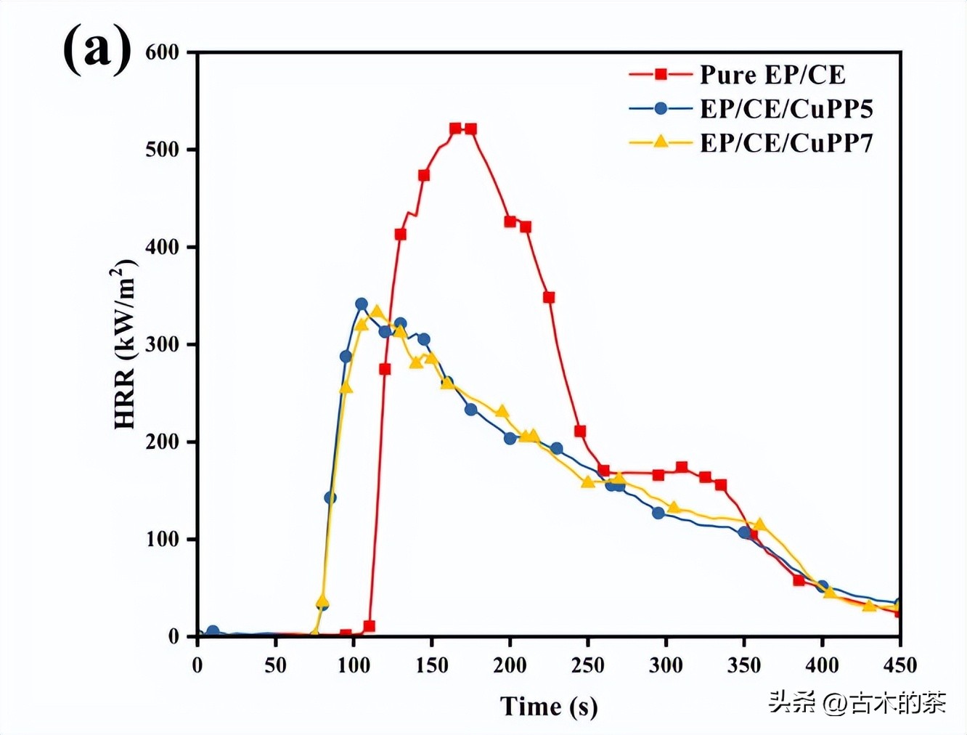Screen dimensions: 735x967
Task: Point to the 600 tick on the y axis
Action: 162,52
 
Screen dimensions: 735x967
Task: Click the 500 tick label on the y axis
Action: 162,150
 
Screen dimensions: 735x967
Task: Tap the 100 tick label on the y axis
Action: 162,539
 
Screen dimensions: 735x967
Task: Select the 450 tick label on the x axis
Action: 900,665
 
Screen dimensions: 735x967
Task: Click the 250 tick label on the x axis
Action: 587,665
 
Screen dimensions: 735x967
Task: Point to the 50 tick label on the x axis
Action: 275,665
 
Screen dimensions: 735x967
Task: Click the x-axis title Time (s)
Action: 549,706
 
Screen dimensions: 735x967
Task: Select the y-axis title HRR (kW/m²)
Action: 125,344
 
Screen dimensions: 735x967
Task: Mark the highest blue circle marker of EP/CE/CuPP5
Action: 362,304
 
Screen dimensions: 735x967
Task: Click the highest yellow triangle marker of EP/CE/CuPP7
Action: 377,312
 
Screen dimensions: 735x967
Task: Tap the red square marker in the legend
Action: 661,74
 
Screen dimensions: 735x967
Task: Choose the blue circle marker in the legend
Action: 661,109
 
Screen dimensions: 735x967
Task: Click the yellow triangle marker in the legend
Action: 661,142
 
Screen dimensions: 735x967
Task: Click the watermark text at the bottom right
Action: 857,702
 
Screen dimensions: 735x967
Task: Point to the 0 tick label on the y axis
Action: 173,637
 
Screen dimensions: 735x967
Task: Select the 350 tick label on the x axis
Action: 744,665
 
